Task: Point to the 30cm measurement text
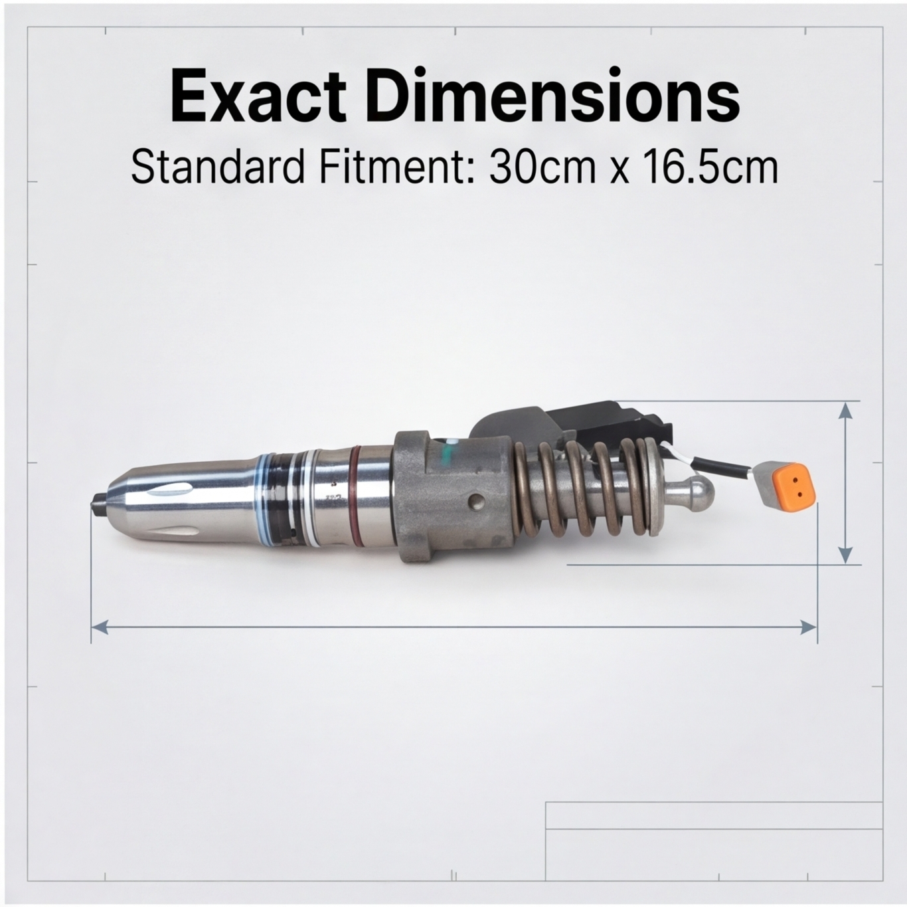tap(540, 167)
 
